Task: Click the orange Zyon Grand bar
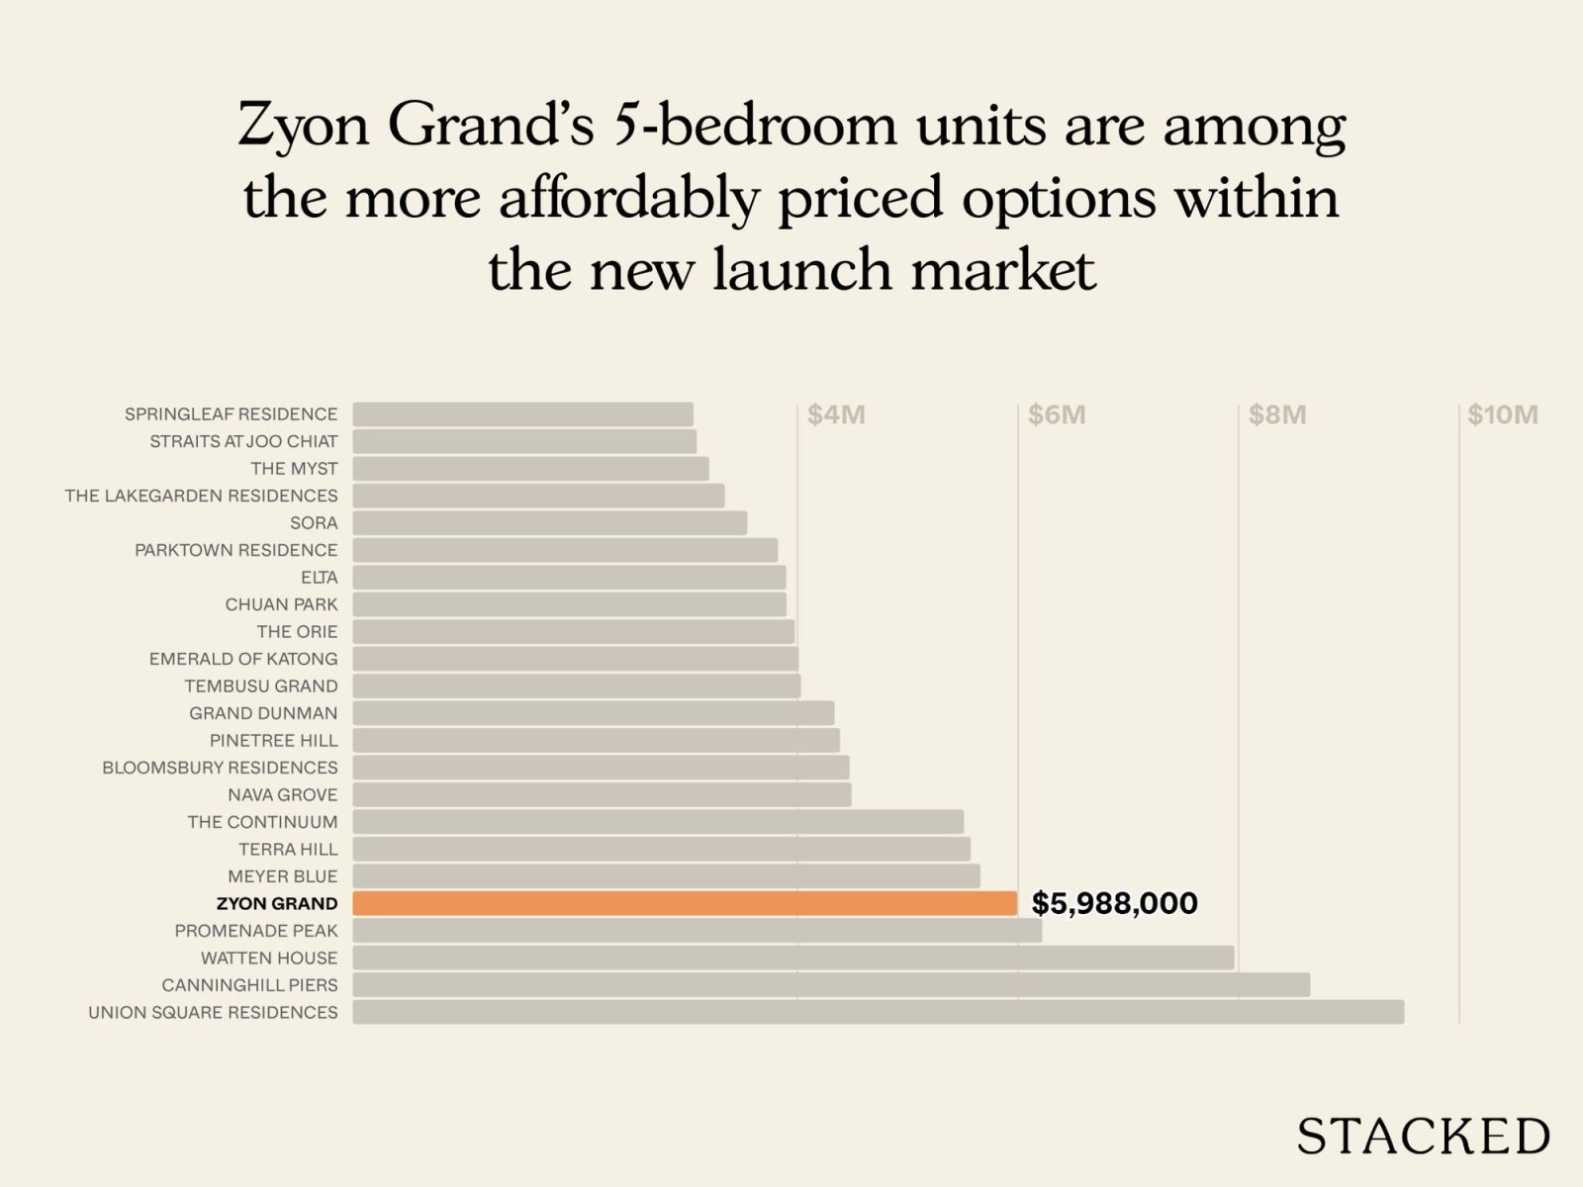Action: (x=685, y=903)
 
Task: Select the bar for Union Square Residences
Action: (x=878, y=1012)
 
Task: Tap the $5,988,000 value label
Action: (x=1114, y=903)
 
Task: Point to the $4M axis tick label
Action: (x=836, y=414)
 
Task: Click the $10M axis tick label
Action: (x=1502, y=414)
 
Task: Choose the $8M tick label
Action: (x=1276, y=414)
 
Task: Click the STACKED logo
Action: (x=1423, y=1137)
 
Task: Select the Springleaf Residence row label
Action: (x=231, y=413)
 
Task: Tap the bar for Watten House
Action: (x=792, y=958)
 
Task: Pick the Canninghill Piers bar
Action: (x=831, y=985)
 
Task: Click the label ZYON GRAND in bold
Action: (x=277, y=903)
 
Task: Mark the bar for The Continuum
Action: (x=658, y=822)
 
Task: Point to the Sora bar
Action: (x=549, y=523)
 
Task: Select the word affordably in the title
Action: (x=630, y=198)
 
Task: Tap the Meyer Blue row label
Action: (x=282, y=876)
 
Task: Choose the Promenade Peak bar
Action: (x=697, y=931)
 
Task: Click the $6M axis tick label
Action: (x=1056, y=414)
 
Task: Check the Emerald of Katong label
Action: (x=243, y=659)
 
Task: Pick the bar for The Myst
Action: (x=530, y=469)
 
